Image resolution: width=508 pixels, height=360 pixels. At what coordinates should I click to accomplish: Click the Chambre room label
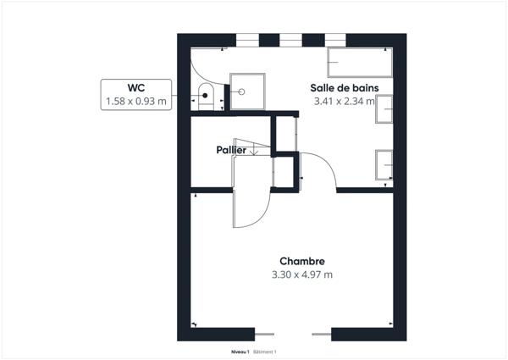click(x=302, y=261)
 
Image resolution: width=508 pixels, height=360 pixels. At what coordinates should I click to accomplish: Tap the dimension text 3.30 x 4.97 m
click(x=302, y=274)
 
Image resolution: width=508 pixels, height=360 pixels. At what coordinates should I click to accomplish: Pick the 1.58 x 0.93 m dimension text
click(x=137, y=102)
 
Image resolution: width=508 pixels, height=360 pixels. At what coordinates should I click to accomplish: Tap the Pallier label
click(x=231, y=149)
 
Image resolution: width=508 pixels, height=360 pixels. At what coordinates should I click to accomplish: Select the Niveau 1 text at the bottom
click(x=240, y=351)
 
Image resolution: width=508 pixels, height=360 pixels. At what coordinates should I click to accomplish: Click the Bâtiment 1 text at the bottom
click(x=266, y=351)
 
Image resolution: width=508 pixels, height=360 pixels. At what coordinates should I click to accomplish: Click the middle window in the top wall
click(x=290, y=38)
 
